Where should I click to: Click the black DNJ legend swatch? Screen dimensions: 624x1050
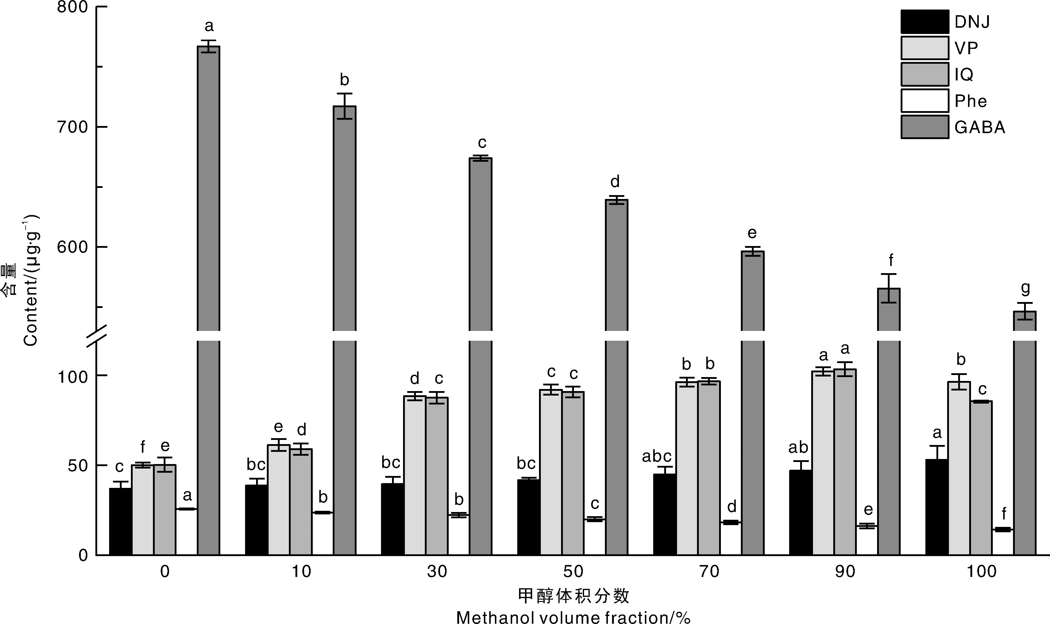pyautogui.click(x=924, y=21)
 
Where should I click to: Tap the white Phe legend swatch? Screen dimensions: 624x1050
pyautogui.click(x=924, y=100)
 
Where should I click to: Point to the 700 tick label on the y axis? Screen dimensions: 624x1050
pyautogui.click(x=72, y=127)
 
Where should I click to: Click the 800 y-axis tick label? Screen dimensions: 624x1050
pyautogui.click(x=72, y=7)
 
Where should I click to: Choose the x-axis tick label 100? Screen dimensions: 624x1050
pyautogui.click(x=981, y=572)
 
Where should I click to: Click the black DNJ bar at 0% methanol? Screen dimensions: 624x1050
pyautogui.click(x=120, y=522)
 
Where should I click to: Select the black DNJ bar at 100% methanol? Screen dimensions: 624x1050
pyautogui.click(x=936, y=507)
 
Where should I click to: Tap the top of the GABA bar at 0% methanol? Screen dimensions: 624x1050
pyautogui.click(x=209, y=47)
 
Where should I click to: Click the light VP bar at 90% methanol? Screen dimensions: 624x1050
pyautogui.click(x=823, y=463)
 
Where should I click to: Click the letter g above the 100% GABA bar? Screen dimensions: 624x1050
pyautogui.click(x=1025, y=288)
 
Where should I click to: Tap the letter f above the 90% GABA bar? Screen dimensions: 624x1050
pyautogui.click(x=891, y=261)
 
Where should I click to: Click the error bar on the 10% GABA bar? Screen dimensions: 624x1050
pyautogui.click(x=344, y=106)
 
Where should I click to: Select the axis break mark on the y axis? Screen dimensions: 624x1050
pyautogui.click(x=96, y=336)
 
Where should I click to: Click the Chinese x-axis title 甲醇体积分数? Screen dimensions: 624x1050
pyautogui.click(x=573, y=596)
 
